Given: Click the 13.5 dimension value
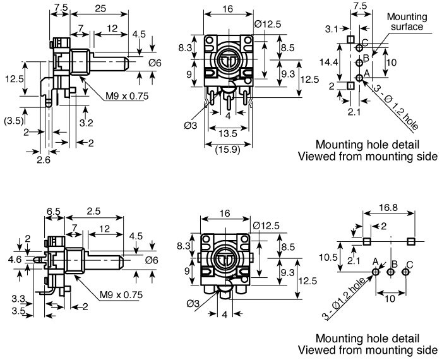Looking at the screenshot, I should [x=227, y=133].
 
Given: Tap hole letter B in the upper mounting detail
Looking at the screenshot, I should [x=365, y=59].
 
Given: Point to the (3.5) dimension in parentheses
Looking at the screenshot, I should [x=13, y=119].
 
